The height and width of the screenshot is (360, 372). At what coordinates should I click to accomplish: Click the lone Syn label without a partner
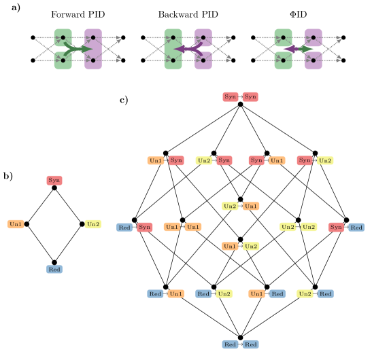click(54, 180)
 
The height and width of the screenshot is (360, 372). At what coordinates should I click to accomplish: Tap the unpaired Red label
click(54, 270)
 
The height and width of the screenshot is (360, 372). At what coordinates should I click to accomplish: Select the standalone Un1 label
click(16, 224)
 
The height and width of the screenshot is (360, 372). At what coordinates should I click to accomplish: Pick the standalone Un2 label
click(93, 224)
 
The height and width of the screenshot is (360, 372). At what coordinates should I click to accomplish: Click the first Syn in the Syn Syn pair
click(231, 96)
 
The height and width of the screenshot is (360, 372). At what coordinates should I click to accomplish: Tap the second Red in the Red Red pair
click(251, 344)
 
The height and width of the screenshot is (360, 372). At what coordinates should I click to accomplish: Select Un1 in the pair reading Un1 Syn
click(156, 161)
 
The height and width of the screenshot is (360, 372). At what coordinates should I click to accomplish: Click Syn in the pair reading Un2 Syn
click(224, 161)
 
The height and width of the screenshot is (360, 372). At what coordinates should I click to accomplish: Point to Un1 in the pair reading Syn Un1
click(277, 161)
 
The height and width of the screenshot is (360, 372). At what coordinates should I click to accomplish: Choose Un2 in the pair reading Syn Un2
click(325, 161)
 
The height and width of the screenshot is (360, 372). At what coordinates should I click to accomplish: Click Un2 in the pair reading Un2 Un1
click(231, 206)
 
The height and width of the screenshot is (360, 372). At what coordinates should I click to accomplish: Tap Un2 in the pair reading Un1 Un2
click(251, 246)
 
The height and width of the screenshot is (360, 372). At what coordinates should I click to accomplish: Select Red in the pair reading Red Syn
click(124, 227)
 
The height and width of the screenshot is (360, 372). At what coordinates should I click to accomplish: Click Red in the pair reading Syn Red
click(356, 227)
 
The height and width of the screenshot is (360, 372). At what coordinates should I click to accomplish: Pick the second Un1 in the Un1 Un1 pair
click(193, 227)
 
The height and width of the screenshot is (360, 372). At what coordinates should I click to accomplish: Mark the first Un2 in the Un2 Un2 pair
click(288, 227)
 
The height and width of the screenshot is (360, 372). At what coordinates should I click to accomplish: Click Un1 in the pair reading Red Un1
click(176, 294)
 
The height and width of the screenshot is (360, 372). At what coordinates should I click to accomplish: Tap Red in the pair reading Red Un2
click(203, 294)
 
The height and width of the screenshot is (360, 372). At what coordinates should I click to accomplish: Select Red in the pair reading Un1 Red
click(277, 294)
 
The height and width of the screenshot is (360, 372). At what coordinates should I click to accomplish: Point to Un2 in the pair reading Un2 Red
click(305, 294)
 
